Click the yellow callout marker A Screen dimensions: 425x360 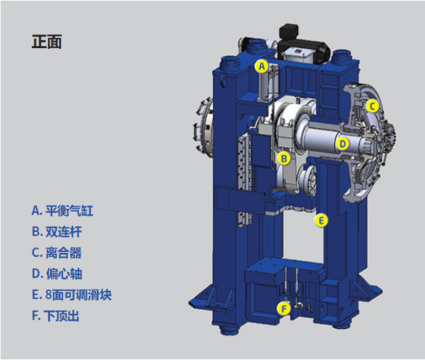[x=262, y=66]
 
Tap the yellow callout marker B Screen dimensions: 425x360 [x=284, y=159]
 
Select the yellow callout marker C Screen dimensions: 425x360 [x=372, y=106]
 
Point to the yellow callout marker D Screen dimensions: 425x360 [x=342, y=144]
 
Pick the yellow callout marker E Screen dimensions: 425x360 [x=321, y=220]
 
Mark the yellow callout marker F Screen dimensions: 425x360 [x=284, y=308]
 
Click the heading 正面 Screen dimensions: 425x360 [x=47, y=42]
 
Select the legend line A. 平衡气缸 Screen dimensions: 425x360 [x=62, y=211]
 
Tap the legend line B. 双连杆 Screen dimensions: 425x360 [x=57, y=232]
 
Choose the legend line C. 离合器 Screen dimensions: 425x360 [x=57, y=253]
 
